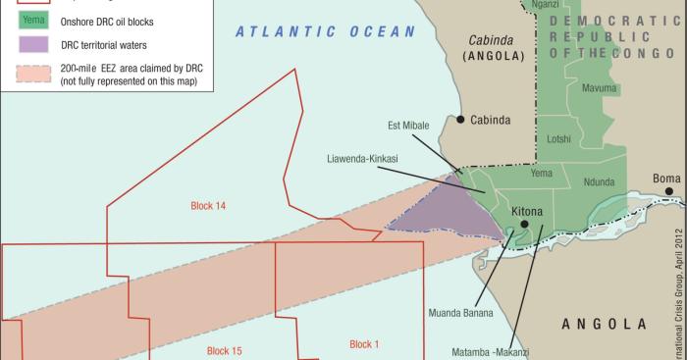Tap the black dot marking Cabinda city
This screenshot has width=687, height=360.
[460, 120]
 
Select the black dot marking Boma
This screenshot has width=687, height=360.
[666, 192]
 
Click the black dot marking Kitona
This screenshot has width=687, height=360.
[524, 224]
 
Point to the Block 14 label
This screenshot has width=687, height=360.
[208, 206]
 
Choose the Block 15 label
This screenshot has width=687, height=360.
[224, 350]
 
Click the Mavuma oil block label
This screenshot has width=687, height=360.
[599, 88]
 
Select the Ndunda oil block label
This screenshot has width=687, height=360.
[599, 181]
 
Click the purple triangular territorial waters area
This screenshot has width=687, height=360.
[451, 211]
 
